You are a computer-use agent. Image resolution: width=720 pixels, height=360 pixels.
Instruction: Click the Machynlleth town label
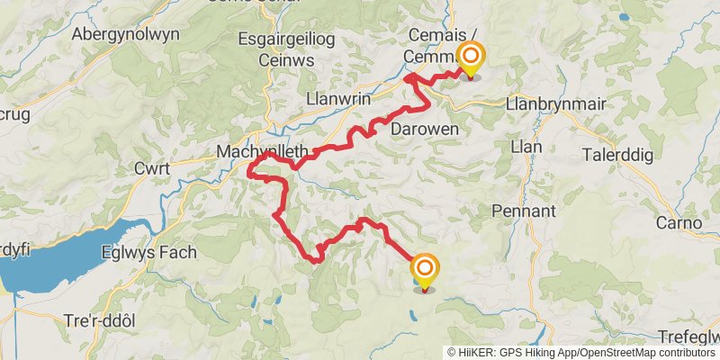point(262,152)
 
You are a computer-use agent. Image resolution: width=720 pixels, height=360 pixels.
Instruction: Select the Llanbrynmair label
point(556,103)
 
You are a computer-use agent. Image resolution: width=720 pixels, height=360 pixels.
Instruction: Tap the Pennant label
point(525,211)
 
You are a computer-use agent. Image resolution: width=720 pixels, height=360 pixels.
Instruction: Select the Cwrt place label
point(153,168)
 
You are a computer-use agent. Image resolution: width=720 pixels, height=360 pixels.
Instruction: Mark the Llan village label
point(525,146)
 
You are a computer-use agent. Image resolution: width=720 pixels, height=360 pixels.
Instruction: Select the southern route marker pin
point(424,269)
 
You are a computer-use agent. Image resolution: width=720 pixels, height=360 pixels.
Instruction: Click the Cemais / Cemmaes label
point(429,44)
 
